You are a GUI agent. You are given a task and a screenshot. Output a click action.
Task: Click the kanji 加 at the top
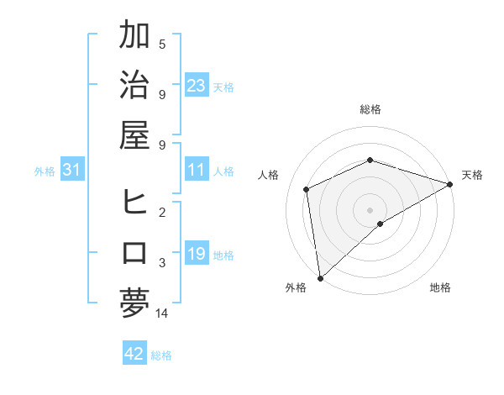pos(134,36)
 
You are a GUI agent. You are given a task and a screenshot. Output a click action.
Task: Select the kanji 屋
pos(134,134)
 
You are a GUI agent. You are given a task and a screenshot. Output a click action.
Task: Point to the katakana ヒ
pos(134,203)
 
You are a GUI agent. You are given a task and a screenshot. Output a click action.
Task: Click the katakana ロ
pos(134,252)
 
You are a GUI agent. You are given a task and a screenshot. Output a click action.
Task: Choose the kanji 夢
pos(134,303)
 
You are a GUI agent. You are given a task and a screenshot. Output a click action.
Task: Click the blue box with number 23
pos(196,85)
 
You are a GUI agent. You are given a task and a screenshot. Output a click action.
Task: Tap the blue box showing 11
pos(196,170)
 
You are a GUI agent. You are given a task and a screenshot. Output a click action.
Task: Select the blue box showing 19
pos(196,253)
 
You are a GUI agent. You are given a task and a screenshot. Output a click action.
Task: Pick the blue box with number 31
pos(72,171)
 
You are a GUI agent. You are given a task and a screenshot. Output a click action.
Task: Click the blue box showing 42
pos(134,354)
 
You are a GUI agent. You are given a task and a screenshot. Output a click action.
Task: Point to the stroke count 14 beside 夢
pos(163,313)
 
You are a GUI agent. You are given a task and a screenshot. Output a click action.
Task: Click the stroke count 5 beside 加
pos(162,44)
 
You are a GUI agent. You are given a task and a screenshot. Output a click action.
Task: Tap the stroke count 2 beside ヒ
pos(162,213)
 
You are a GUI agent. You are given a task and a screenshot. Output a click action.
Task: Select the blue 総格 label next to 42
pos(161,355)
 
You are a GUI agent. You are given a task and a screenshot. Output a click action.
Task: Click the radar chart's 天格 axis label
pos(472,175)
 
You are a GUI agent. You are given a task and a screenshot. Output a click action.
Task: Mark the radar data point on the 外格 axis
pos(320,277)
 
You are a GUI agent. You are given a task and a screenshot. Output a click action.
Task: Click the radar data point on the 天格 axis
pos(451,184)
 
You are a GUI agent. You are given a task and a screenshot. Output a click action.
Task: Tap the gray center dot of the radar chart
pos(370,208)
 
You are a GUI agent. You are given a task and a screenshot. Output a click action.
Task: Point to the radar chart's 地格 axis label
pos(440,287)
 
